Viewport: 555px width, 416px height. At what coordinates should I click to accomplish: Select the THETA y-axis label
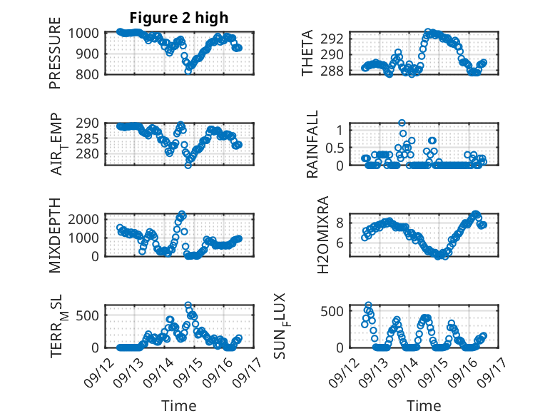[x=307, y=54]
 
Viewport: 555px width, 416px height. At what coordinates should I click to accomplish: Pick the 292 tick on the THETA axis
[x=338, y=38]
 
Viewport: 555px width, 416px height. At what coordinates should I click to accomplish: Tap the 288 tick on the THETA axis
[x=338, y=71]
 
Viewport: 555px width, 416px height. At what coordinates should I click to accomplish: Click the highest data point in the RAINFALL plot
[x=402, y=123]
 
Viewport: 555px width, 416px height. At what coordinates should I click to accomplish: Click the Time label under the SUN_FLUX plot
[x=424, y=406]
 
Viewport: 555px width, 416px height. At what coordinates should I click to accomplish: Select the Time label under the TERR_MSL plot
[x=179, y=406]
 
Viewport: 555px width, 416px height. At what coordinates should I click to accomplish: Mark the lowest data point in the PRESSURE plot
[x=188, y=71]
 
